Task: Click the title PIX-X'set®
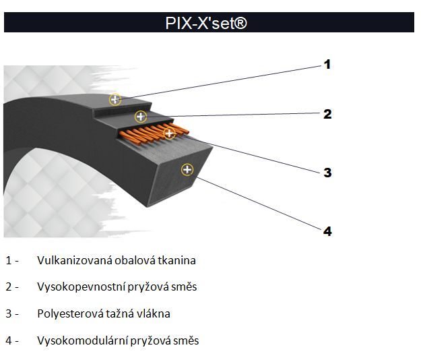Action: pyautogui.click(x=206, y=23)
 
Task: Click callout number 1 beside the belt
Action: pyautogui.click(x=327, y=65)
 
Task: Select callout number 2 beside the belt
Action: pyautogui.click(x=327, y=114)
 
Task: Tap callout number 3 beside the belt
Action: pyautogui.click(x=327, y=173)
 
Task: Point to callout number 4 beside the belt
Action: pyautogui.click(x=327, y=231)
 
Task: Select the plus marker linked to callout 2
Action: pyautogui.click(x=140, y=116)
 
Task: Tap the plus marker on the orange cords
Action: pyautogui.click(x=169, y=133)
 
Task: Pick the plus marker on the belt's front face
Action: pyautogui.click(x=187, y=169)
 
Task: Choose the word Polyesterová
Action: pyautogui.click(x=67, y=313)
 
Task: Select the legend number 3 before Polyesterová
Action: pyautogui.click(x=8, y=313)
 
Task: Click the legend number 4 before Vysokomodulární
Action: pyautogui.click(x=8, y=340)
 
